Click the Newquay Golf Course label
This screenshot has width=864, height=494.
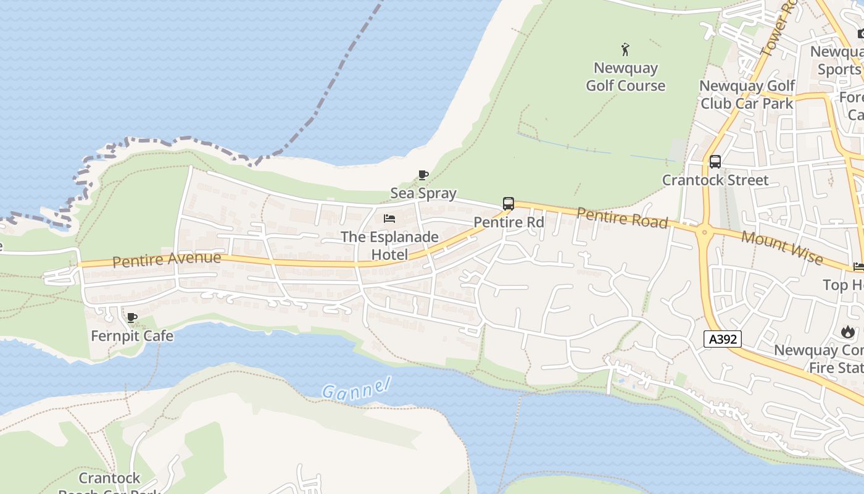[625, 77]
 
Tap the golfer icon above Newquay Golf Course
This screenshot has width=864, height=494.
[625, 49]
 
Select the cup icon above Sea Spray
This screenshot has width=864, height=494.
[423, 175]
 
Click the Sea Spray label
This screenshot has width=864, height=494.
[423, 193]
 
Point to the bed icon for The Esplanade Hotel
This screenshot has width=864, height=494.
[389, 219]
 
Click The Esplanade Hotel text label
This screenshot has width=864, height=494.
[389, 246]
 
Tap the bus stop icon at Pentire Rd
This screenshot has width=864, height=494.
[509, 204]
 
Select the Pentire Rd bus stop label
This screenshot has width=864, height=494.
[509, 222]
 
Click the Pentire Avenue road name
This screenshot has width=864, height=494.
[167, 259]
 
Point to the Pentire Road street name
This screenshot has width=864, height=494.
[622, 217]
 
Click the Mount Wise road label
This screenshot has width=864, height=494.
[782, 247]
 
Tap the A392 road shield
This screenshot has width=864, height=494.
[722, 338]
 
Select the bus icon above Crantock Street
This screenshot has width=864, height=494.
[715, 162]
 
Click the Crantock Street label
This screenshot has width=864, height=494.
[715, 180]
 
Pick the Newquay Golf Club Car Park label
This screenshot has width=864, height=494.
[747, 94]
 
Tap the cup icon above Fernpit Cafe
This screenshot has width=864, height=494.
[131, 318]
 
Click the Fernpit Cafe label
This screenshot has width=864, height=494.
[132, 337]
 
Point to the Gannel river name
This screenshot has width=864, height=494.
[356, 389]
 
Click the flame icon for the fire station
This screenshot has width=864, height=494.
[848, 332]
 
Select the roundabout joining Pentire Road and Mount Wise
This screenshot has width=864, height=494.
[704, 233]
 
